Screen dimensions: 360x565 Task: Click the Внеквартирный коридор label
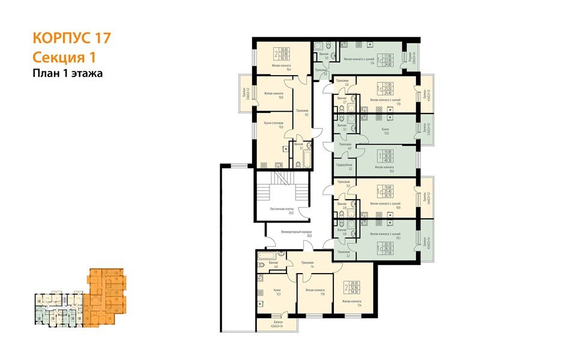(x=297, y=233)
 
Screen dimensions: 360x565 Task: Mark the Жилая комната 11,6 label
(x=315, y=292)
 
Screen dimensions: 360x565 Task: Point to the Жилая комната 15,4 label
(x=281, y=68)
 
